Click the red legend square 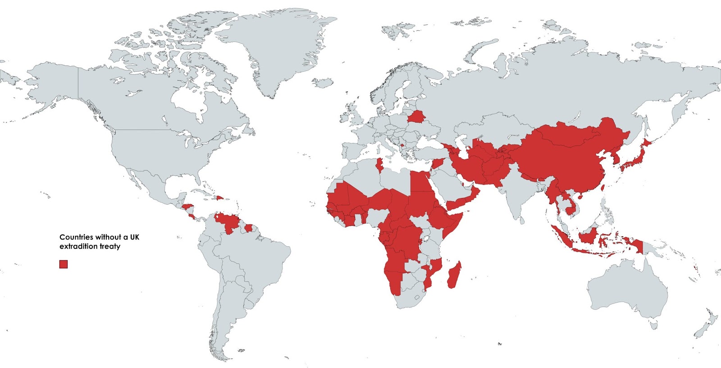tap(64, 264)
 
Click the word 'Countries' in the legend tap(77, 237)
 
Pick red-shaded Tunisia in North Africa tap(379, 166)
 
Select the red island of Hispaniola tap(220, 198)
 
